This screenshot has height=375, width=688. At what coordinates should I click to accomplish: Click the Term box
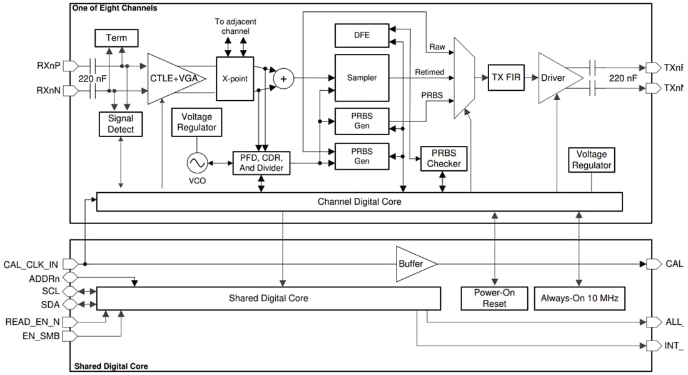[x=116, y=38]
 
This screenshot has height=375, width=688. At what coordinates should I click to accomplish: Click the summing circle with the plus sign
[x=283, y=79]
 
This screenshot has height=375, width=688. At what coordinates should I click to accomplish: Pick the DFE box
[x=362, y=36]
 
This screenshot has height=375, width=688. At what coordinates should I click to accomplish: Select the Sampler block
[x=362, y=78]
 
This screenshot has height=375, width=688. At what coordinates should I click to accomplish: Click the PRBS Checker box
[x=443, y=158]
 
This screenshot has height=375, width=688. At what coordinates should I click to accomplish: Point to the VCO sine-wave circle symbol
[x=196, y=163]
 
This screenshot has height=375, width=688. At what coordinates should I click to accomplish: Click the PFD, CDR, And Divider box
[x=261, y=163]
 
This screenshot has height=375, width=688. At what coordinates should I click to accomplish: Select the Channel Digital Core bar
[x=359, y=202]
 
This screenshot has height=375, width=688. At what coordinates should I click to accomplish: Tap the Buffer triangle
[x=413, y=264]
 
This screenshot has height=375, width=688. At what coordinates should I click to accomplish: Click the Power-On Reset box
[x=495, y=298]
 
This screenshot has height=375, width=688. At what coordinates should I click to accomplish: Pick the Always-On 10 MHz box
[x=579, y=298]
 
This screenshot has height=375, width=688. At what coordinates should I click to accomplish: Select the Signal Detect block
[x=121, y=124]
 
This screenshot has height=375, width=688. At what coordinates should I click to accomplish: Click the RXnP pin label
[x=49, y=65]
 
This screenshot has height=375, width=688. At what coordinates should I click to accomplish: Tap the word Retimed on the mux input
[x=430, y=72]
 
